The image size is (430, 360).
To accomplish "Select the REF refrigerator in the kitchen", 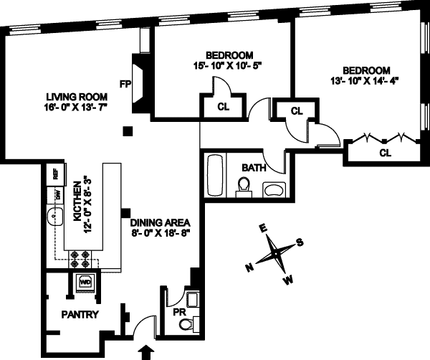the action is [x=52, y=174].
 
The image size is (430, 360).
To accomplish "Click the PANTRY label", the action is [x=80, y=314].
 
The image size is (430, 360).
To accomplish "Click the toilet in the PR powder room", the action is [x=186, y=326].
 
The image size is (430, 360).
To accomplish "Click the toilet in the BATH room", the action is [x=244, y=187].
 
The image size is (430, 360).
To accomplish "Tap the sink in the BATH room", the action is [x=273, y=189].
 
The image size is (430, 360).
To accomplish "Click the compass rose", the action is [x=274, y=252].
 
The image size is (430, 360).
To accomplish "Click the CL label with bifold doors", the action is [x=384, y=152].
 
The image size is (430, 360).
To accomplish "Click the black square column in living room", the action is [x=127, y=131].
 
